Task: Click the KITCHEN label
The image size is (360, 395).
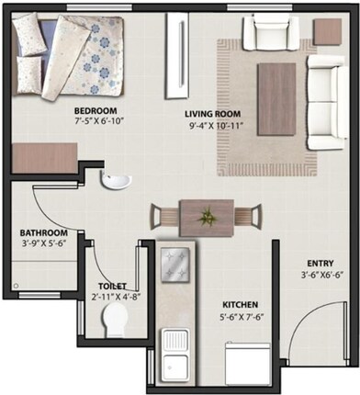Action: point(239,304)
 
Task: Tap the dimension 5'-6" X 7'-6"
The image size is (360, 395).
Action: point(239,316)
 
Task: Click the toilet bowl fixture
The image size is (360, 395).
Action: point(116,323)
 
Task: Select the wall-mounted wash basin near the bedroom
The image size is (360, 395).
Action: point(115,180)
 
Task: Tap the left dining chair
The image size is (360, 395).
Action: point(162,217)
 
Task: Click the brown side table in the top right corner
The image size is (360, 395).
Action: point(326,32)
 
